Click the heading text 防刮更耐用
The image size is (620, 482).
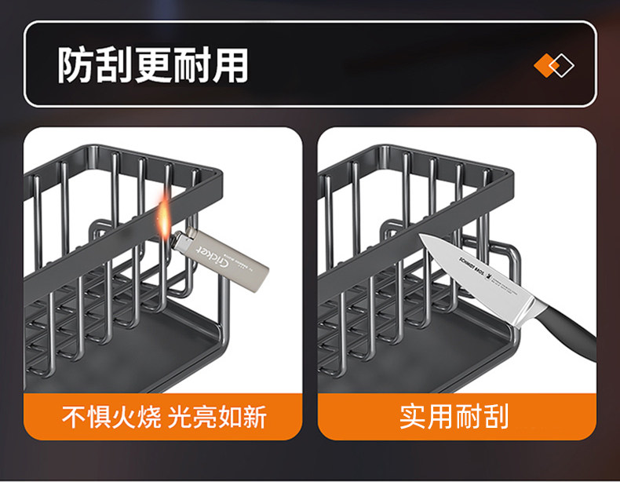coord(152,65)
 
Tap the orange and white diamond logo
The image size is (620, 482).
coord(553,65)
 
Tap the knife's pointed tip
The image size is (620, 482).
coord(421,236)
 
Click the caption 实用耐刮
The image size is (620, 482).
coord(454,416)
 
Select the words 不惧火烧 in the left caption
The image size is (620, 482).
coord(112,416)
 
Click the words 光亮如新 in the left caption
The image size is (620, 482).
coord(217,416)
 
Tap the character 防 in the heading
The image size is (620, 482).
coord(75,65)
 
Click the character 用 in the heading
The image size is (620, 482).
coord(229,65)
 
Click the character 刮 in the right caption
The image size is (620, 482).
coord(494,416)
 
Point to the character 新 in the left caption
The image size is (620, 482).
coord(253,416)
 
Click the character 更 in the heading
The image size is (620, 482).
coord(152,65)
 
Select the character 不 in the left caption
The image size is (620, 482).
coord(75,416)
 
